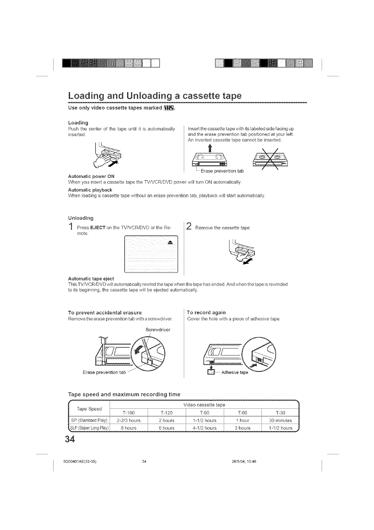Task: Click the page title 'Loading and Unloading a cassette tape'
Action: pyautogui.click(x=155, y=96)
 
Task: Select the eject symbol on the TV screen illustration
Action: pyautogui.click(x=170, y=242)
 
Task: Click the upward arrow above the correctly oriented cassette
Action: pyautogui.click(x=209, y=148)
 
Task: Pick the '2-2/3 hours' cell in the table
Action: pyautogui.click(x=128, y=420)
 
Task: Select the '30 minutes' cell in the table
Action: pyautogui.click(x=280, y=420)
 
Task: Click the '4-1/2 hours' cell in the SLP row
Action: pyautogui.click(x=205, y=428)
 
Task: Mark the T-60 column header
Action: pyautogui.click(x=242, y=413)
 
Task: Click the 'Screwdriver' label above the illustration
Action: pyautogui.click(x=158, y=330)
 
